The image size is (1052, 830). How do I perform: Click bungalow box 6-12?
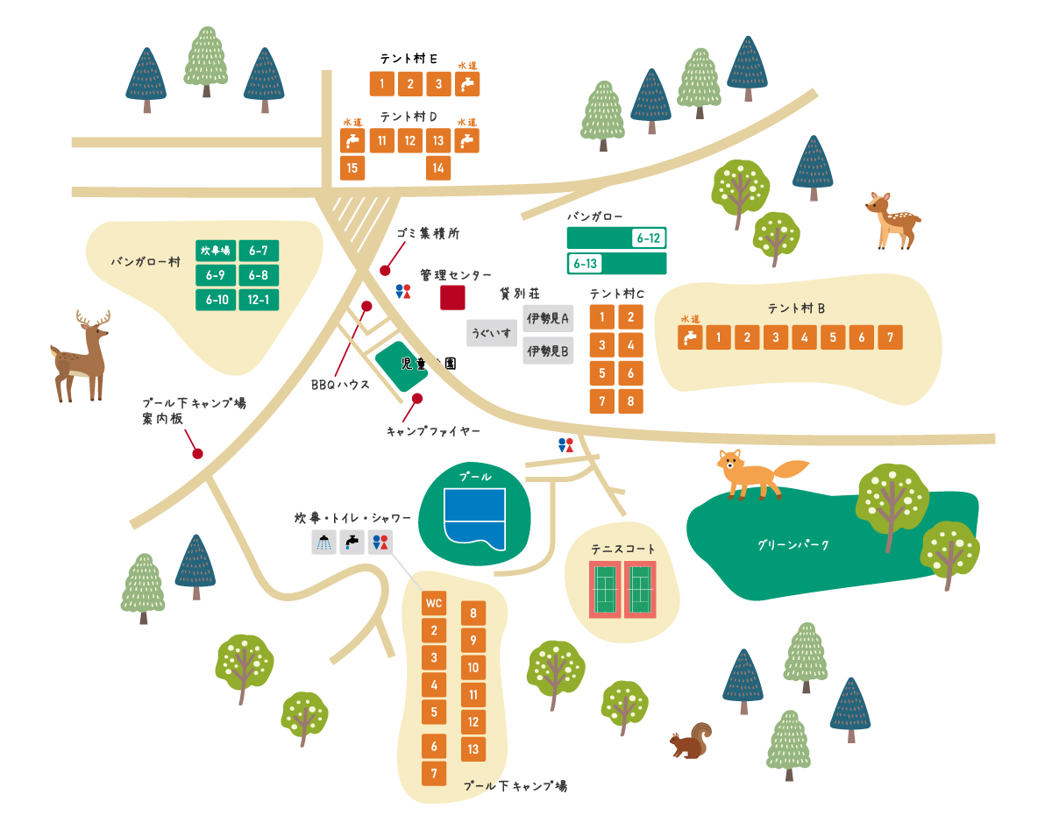coord(617,238)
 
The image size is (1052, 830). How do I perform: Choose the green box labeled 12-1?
coord(259,301)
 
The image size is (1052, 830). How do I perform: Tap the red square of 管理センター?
coord(452,297)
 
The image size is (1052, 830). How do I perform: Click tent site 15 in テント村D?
coord(352,167)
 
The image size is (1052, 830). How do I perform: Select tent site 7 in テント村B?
coord(890,337)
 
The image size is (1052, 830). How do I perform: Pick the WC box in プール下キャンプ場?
coord(433,603)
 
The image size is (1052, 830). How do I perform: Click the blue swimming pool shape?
coord(475,519)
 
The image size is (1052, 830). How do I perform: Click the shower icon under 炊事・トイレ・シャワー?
coord(323,543)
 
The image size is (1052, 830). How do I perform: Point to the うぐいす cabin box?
coord(492,333)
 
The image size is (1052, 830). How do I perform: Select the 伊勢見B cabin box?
coord(548,351)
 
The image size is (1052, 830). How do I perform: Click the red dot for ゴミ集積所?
coord(385,271)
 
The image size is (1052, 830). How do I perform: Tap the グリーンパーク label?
coord(793,545)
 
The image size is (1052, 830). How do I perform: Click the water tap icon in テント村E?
coord(467,84)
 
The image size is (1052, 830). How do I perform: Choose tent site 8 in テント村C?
coord(630,401)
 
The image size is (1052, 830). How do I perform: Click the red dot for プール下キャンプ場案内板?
coord(197,454)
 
